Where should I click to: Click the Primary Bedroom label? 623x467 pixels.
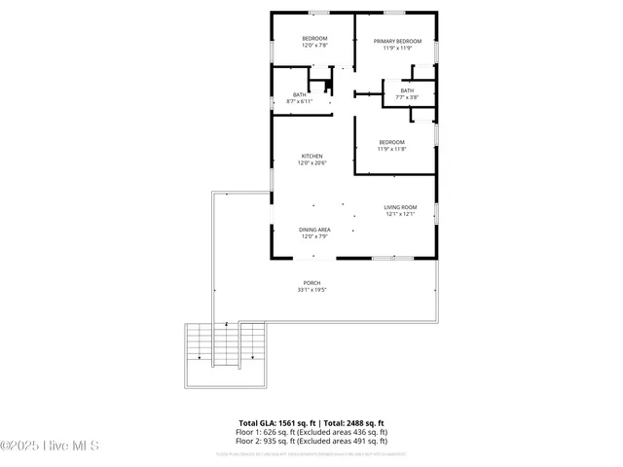pos(396,41)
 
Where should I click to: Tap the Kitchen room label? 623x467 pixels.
pos(311,156)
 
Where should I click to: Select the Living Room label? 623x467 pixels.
pos(400,207)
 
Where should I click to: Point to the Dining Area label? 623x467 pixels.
pos(314,230)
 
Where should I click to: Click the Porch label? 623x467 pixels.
pos(311,283)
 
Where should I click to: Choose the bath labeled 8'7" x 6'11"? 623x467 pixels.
pos(300,95)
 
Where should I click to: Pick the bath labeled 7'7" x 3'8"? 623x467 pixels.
pos(407,90)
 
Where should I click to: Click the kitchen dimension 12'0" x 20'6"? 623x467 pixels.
pos(311,162)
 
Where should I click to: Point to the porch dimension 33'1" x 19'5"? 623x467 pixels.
pos(311,290)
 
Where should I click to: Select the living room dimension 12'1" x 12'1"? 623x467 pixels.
pos(400,214)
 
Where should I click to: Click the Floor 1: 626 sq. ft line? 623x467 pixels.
pos(311,431)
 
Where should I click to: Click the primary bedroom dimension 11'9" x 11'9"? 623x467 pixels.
pos(396,48)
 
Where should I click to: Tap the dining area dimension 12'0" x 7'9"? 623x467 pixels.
pos(314,236)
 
